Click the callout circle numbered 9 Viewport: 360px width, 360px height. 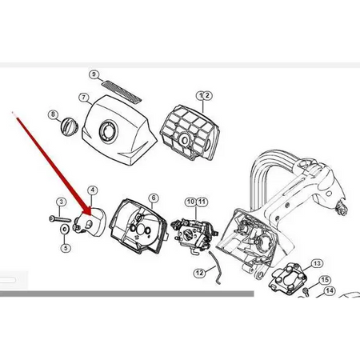click(x=94, y=74)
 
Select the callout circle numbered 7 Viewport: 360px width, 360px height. click(x=84, y=98)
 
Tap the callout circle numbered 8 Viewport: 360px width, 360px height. click(x=54, y=114)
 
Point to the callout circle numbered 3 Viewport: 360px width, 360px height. click(x=62, y=202)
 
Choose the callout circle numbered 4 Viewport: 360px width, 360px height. click(x=92, y=190)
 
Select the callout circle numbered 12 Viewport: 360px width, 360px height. click(x=199, y=273)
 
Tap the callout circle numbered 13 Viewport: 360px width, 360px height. click(x=317, y=264)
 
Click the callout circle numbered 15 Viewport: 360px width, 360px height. click(x=325, y=280)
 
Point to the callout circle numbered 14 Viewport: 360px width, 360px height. click(x=330, y=290)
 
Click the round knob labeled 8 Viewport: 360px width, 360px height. click(x=69, y=126)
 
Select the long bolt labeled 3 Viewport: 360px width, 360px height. click(x=60, y=219)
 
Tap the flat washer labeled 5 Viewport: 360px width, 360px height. click(x=64, y=229)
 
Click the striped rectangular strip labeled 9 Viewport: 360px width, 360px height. click(x=122, y=91)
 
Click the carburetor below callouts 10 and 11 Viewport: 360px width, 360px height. click(x=194, y=234)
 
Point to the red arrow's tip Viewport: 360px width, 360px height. click(x=90, y=215)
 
